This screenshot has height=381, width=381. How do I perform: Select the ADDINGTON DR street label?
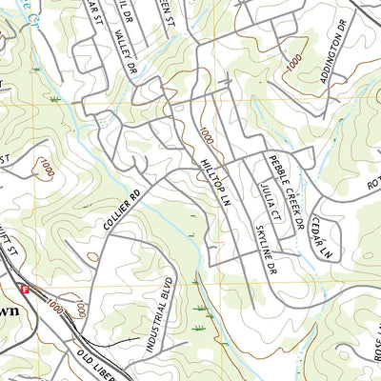tap(336, 60)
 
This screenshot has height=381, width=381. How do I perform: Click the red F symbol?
tap(26, 288)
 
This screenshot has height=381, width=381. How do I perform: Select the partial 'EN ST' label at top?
tap(170, 11)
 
